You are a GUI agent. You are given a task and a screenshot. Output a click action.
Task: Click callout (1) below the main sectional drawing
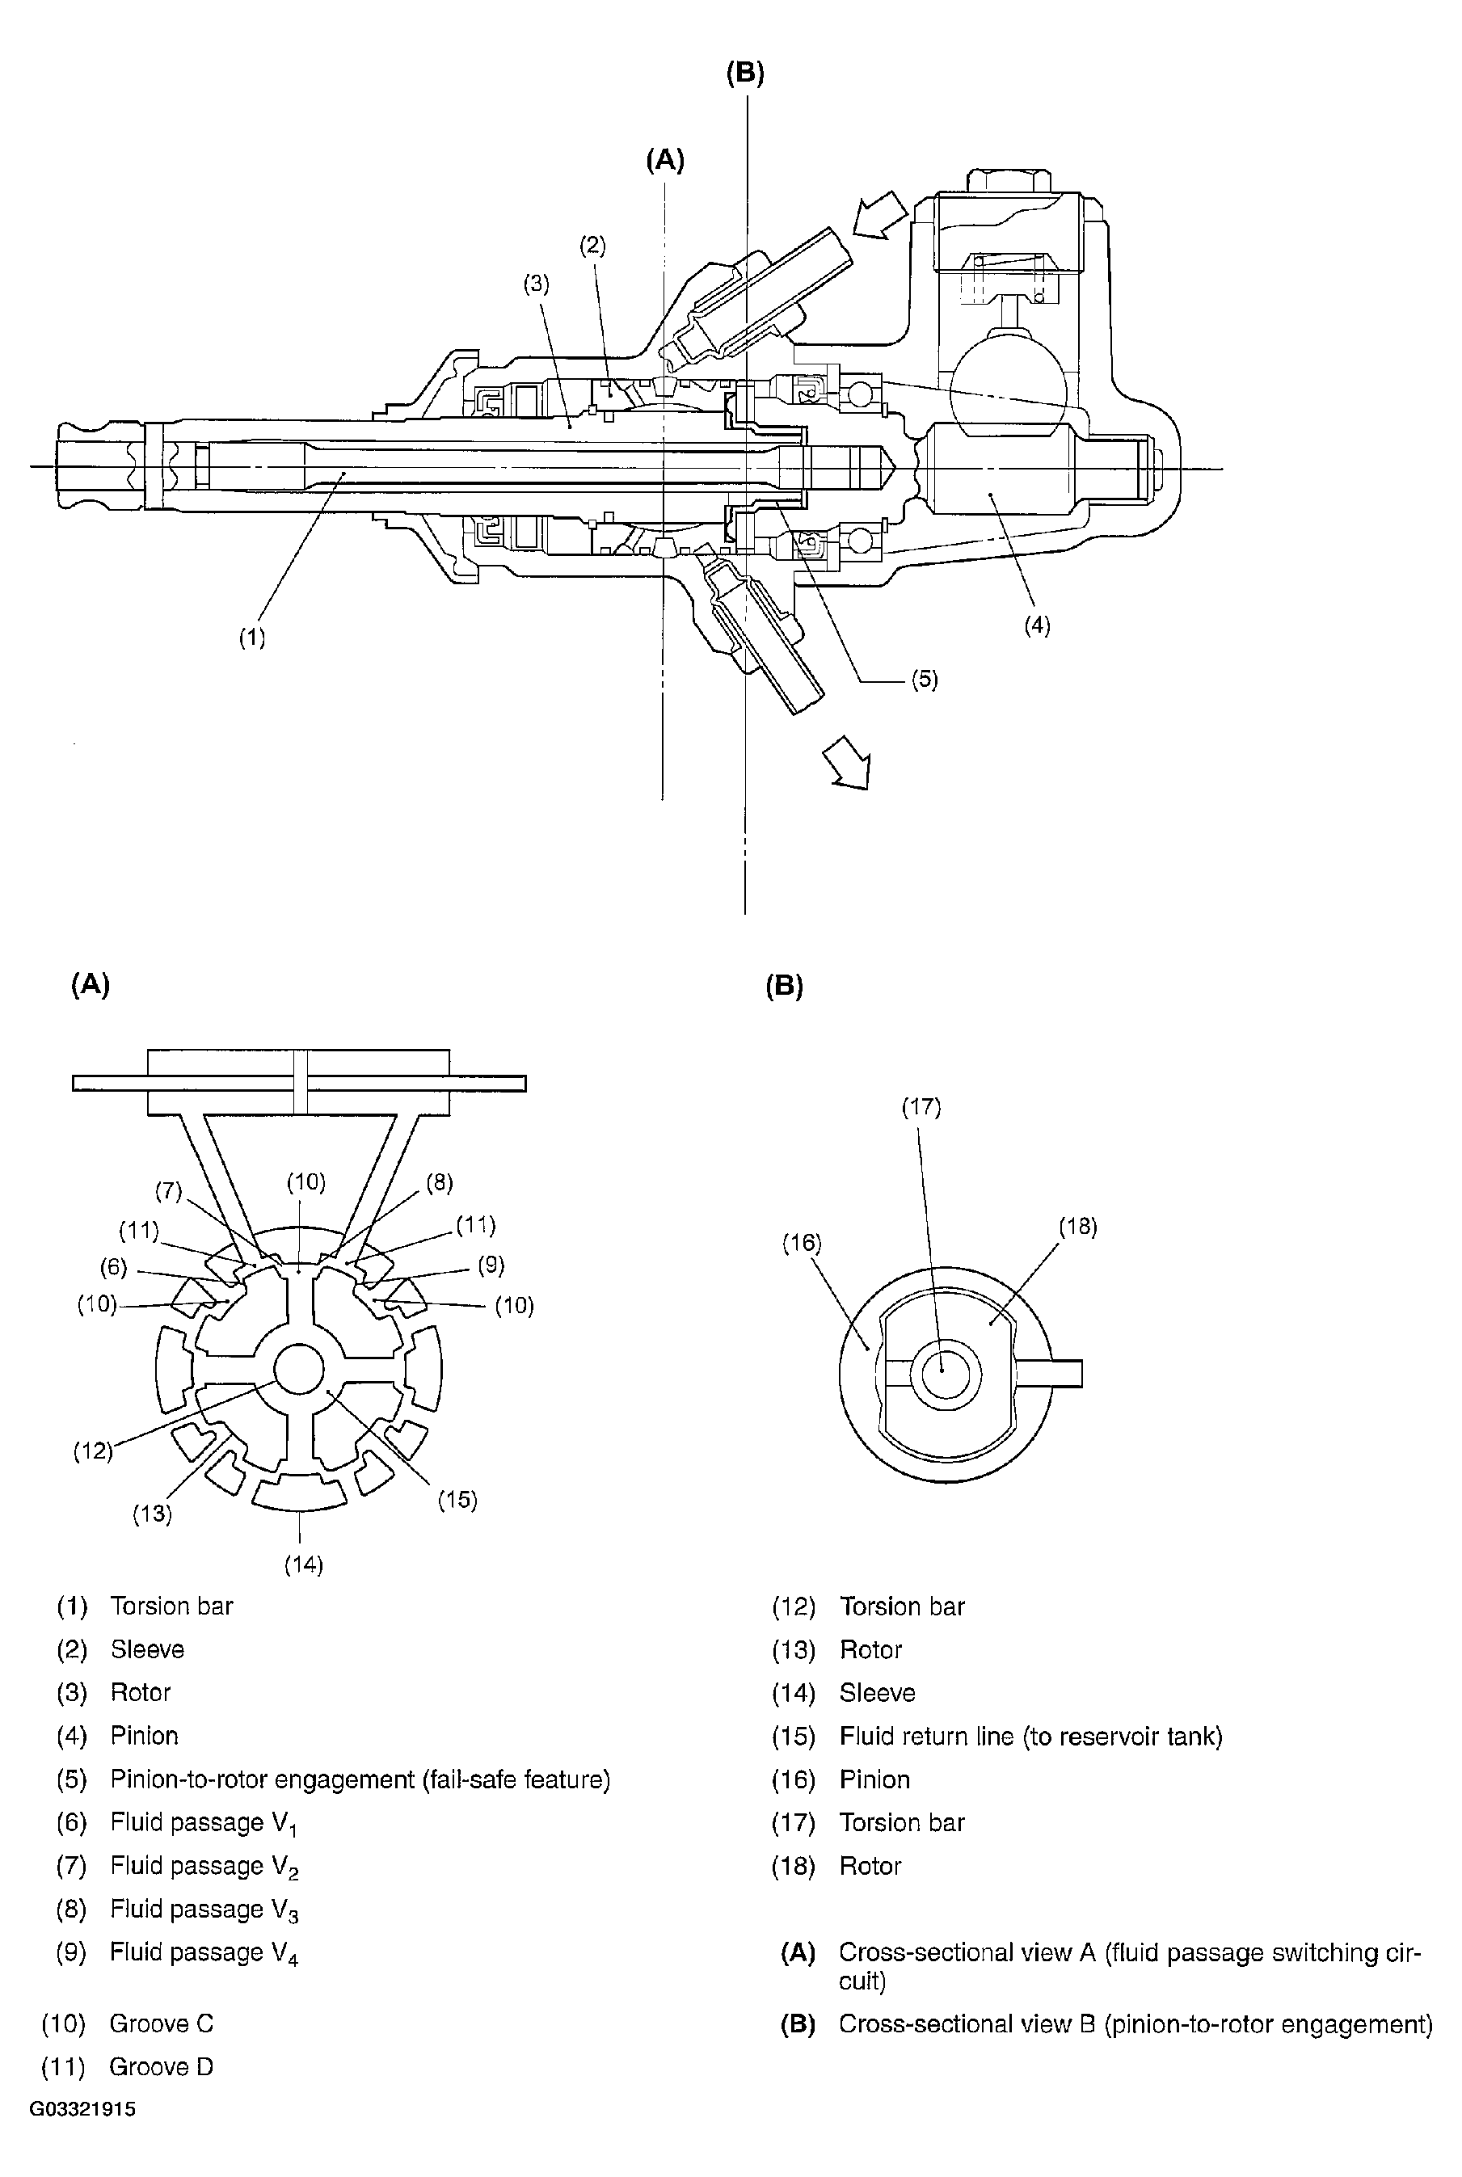coord(251,638)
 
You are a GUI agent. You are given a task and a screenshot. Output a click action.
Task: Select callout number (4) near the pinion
coord(1037,625)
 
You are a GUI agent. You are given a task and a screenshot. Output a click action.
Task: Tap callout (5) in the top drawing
coord(924,680)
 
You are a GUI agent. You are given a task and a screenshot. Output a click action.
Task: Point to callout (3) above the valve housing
coord(536,284)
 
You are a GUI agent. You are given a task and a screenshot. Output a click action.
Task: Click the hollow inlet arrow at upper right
coord(879,216)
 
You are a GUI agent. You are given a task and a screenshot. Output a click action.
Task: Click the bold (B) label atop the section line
coord(745,74)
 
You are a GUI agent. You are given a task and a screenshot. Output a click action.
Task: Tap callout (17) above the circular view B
coord(921,1106)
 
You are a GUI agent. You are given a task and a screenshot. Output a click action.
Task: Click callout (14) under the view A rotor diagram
coord(303,1564)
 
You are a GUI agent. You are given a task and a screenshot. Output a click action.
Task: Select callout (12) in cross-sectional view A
coord(93,1451)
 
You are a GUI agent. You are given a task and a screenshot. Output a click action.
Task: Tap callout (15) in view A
coord(457,1499)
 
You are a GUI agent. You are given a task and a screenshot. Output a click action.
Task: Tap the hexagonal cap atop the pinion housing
coord(1009,183)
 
